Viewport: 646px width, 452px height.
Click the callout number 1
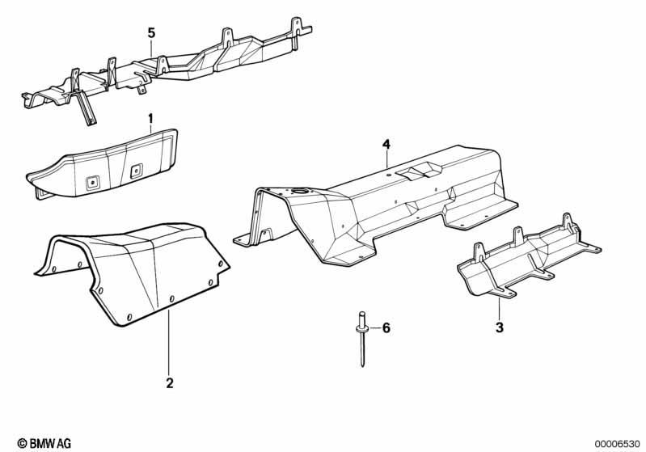150,119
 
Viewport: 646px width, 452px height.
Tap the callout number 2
169,383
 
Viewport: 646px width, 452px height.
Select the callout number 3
500,327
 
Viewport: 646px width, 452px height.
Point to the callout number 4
386,144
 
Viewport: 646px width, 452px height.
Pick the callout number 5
152,33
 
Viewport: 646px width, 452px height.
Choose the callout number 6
386,328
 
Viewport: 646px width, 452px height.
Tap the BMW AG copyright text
44,443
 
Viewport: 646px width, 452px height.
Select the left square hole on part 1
92,182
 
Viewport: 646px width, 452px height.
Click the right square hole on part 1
137,171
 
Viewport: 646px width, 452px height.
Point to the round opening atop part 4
300,191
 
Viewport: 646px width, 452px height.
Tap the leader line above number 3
499,309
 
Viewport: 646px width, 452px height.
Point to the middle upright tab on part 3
518,238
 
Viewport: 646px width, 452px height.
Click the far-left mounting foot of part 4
243,240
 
